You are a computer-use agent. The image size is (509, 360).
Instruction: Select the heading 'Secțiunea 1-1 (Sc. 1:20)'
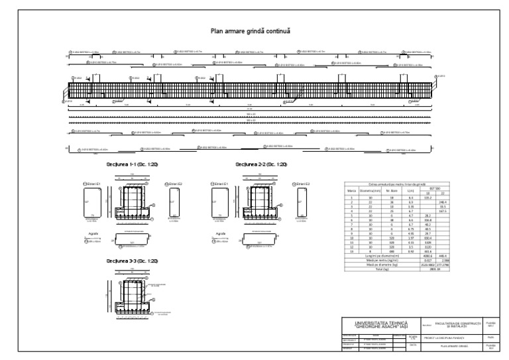tap(132, 164)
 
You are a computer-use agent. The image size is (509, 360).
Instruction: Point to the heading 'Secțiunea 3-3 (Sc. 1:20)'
tap(132, 261)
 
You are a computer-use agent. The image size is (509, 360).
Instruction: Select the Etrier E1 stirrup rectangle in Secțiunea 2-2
tap(216, 205)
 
